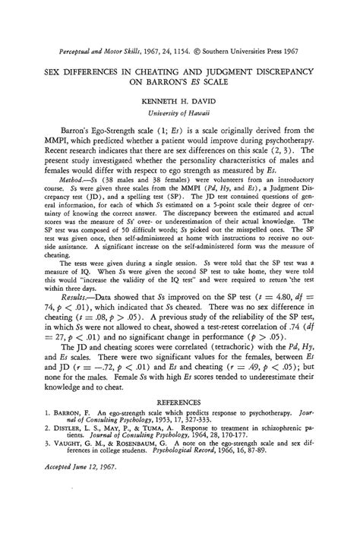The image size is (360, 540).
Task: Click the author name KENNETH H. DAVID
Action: click(x=180, y=99)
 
